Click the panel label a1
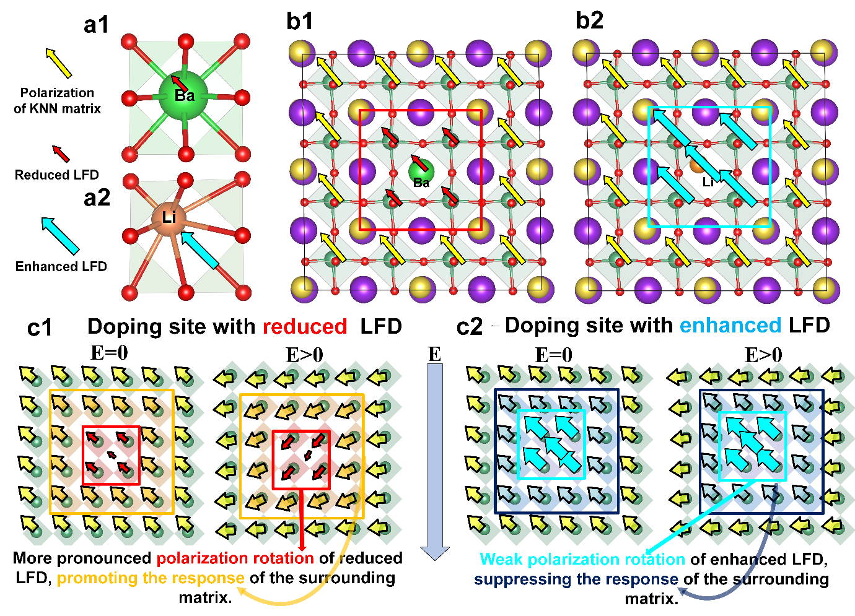[x=96, y=25]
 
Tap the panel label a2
[x=97, y=197]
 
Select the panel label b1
[x=300, y=21]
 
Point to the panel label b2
[x=589, y=20]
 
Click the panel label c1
[x=40, y=328]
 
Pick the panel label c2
[x=469, y=327]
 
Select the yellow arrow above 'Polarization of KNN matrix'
[x=59, y=63]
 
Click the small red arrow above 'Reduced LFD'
[x=61, y=154]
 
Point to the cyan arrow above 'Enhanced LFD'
[x=60, y=235]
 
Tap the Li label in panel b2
[x=708, y=183]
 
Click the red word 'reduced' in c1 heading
[x=304, y=326]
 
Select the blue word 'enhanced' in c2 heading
[x=730, y=325]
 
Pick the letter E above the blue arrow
[x=435, y=354]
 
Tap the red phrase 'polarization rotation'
[x=235, y=558]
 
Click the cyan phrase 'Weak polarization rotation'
[x=582, y=559]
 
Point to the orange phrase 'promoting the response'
[x=151, y=578]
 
